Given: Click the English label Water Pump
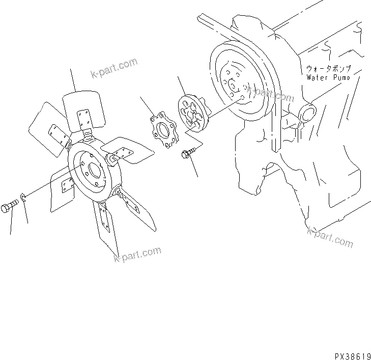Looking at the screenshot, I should (329, 78).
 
